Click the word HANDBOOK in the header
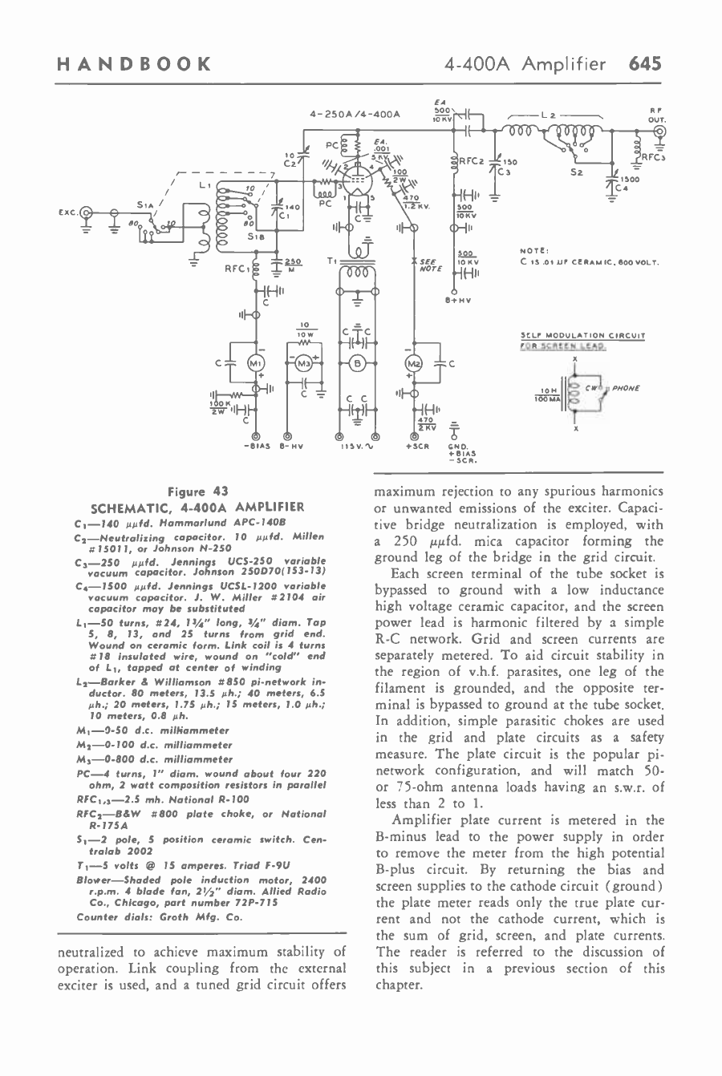click(x=134, y=63)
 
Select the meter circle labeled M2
click(x=416, y=362)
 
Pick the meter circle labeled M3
click(x=304, y=362)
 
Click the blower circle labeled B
click(x=359, y=362)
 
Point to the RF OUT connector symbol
click(x=660, y=131)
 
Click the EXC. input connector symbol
click(x=89, y=214)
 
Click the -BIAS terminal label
click(x=254, y=446)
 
